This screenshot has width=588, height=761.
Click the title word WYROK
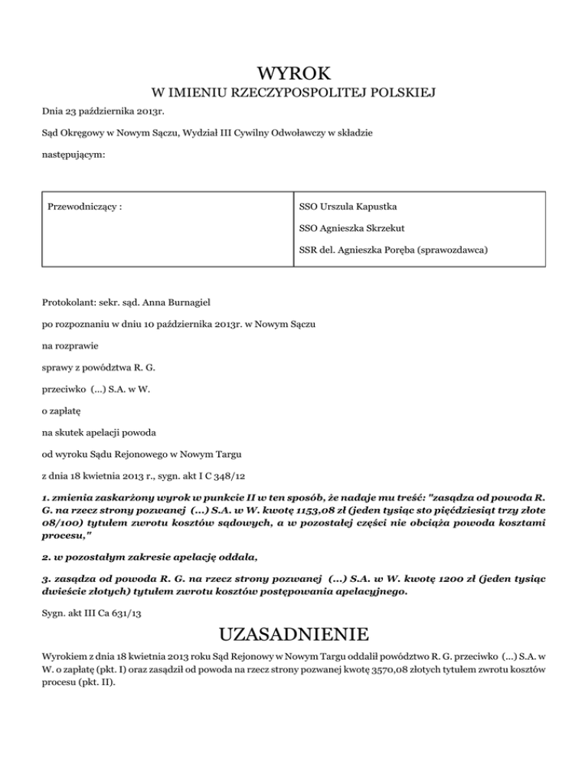point(294,73)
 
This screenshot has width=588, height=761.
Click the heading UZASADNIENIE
point(294,635)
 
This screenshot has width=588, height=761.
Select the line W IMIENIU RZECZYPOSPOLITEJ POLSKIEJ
point(294,94)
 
